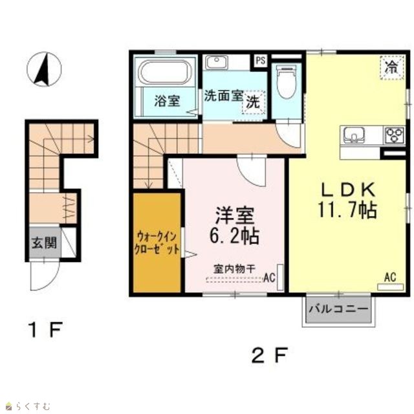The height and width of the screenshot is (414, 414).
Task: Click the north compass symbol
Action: (45, 69)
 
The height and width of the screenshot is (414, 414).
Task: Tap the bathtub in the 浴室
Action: (166, 72)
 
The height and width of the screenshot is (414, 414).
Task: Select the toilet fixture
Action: (287, 82)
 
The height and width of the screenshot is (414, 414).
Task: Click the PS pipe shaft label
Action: (260, 61)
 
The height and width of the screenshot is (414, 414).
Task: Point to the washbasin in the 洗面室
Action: (217, 62)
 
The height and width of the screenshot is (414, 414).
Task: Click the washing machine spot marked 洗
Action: (254, 102)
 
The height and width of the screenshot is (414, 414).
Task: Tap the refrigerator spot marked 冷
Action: (392, 67)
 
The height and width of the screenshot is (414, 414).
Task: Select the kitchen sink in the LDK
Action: (354, 135)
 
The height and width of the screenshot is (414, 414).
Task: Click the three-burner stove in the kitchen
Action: (395, 135)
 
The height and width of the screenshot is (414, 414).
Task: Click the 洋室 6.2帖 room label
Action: (234, 225)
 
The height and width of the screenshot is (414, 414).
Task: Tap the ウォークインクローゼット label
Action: (157, 243)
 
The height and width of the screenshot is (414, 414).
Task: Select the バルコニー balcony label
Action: (338, 309)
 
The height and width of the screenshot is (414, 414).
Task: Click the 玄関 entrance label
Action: (45, 243)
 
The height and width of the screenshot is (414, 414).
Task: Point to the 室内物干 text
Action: (234, 269)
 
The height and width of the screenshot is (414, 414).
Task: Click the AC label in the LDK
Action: (390, 278)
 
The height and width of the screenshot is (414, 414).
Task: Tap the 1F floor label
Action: (46, 330)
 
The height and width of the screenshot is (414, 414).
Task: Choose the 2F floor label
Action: (269, 355)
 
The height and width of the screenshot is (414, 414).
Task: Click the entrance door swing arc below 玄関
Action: (50, 283)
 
